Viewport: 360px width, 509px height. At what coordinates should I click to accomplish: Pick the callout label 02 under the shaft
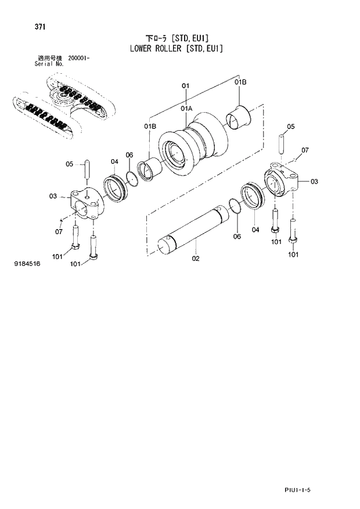point(196,258)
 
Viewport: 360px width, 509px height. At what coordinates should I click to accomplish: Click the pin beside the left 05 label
point(86,170)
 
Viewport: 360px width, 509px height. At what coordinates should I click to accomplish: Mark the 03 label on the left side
point(53,196)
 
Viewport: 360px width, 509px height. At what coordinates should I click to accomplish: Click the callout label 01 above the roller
point(186,86)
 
